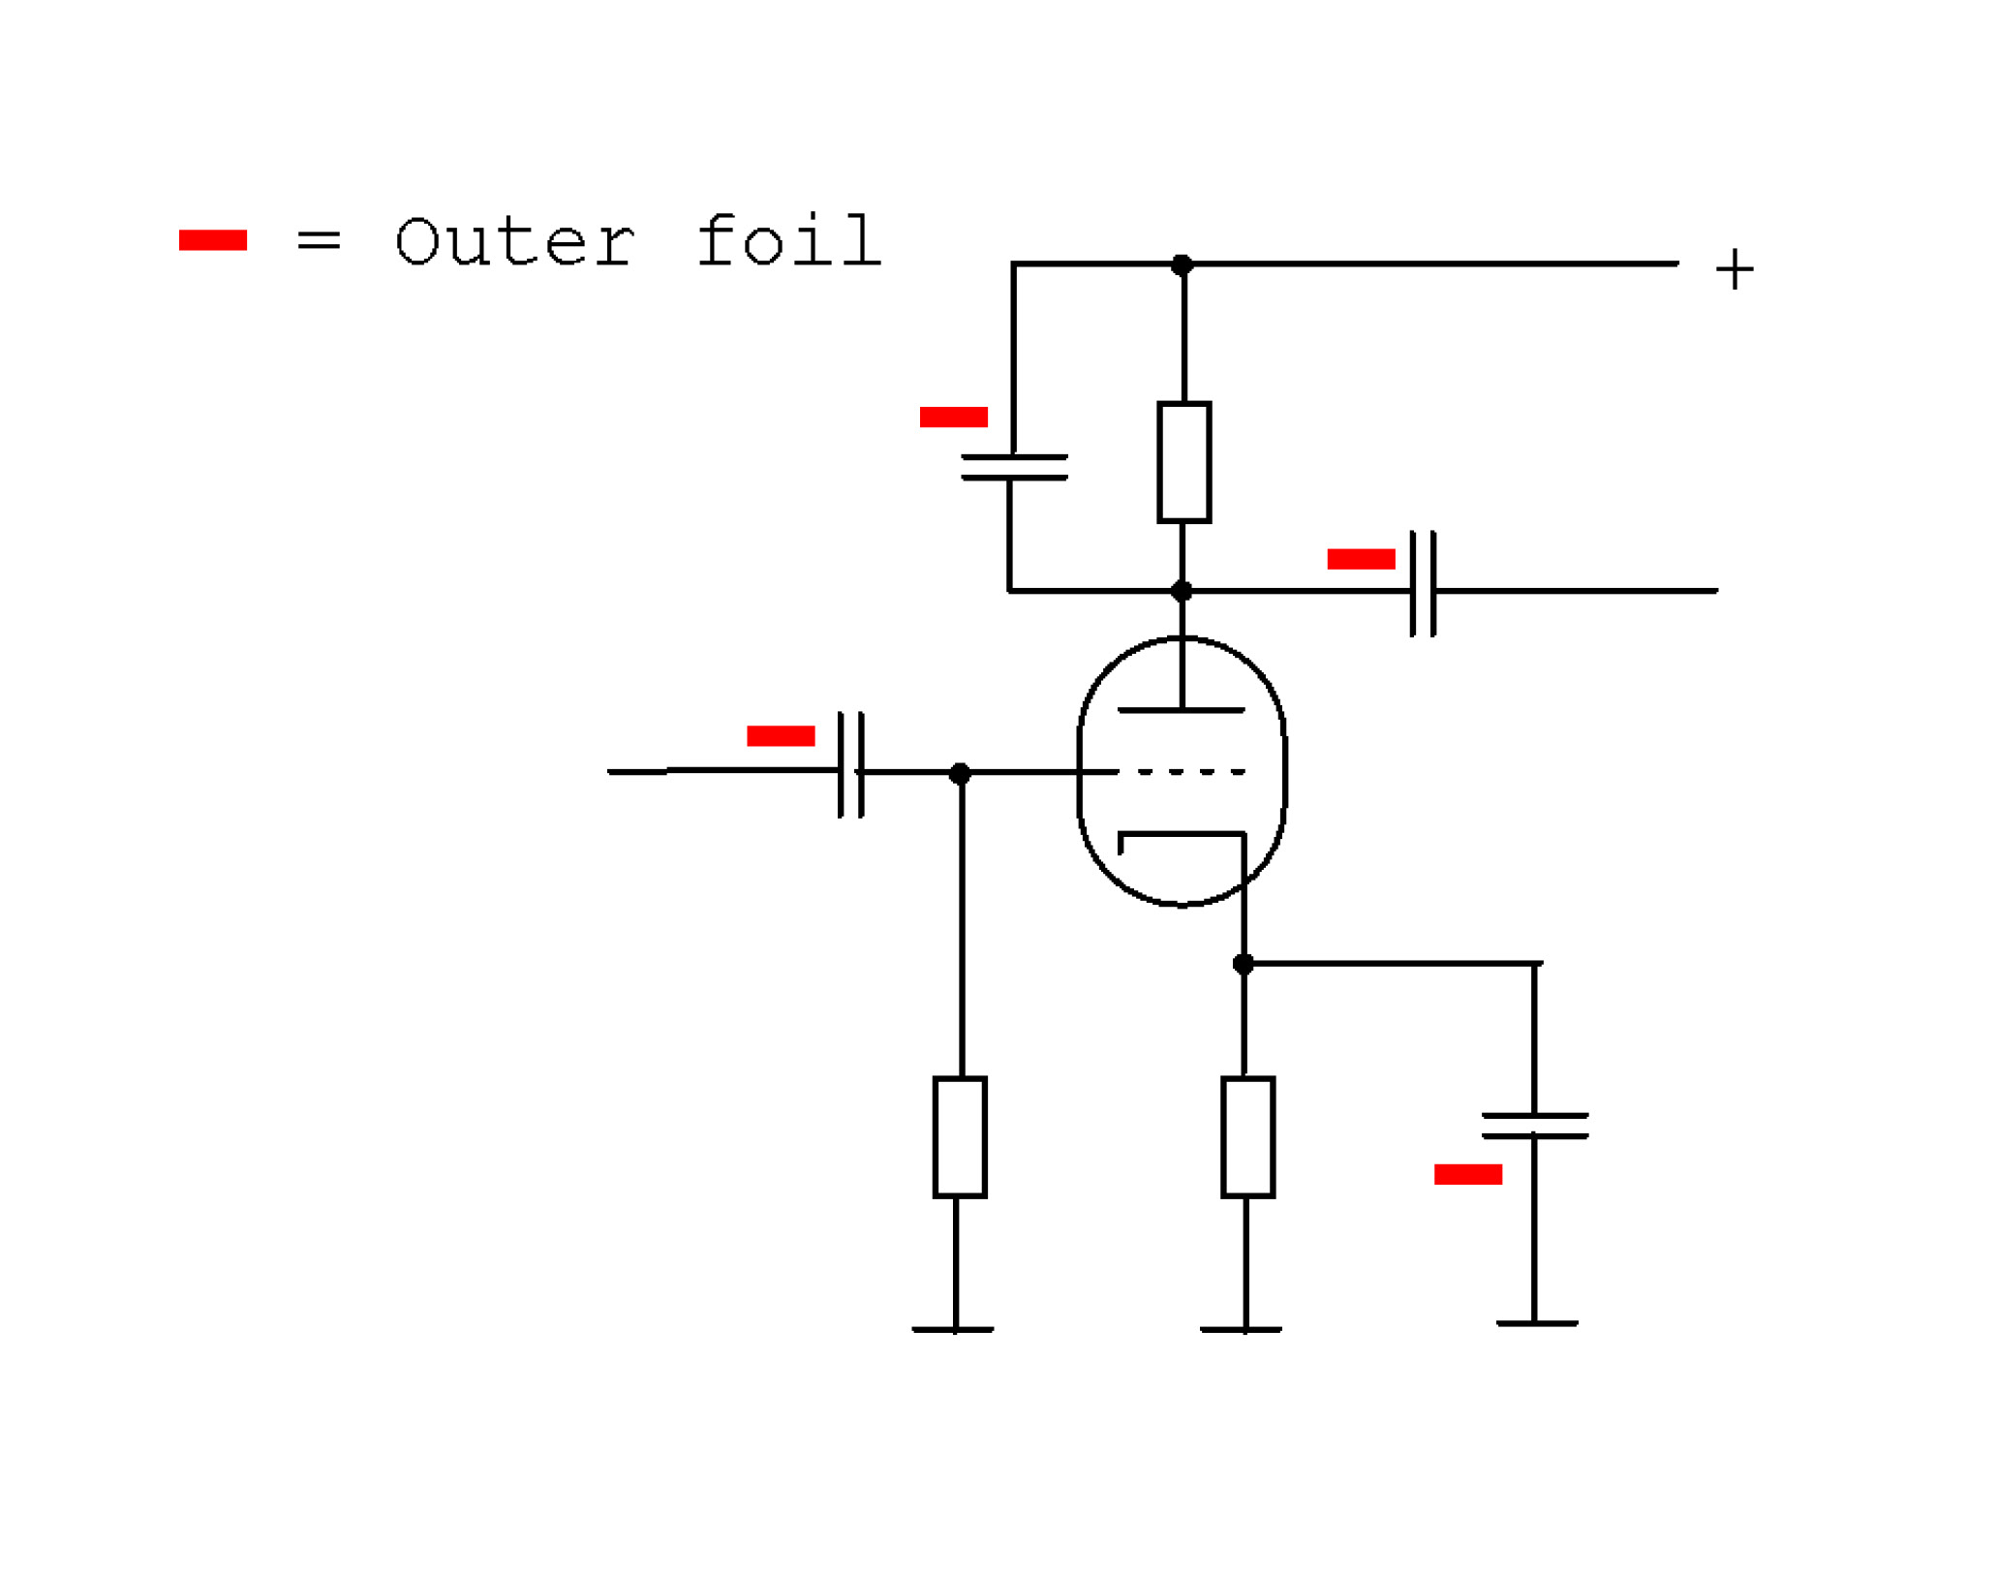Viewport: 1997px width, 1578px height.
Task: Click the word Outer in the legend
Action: (515, 241)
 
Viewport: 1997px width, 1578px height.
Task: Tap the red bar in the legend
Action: (213, 240)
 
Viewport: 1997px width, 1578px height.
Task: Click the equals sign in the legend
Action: (319, 239)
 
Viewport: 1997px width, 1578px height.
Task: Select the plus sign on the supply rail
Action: (1734, 269)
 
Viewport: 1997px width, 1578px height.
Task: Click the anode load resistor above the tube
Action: (1183, 462)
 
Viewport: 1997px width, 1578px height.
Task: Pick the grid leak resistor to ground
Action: (960, 1137)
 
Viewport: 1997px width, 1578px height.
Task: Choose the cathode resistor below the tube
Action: (1247, 1137)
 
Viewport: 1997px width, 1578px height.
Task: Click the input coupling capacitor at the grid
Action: (850, 765)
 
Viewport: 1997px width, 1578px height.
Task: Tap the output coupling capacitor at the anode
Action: (1423, 584)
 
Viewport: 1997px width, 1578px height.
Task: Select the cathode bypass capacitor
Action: (1535, 1126)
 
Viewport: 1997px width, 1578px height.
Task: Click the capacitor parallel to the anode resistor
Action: (1014, 467)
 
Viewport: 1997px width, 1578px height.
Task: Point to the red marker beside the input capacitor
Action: (781, 736)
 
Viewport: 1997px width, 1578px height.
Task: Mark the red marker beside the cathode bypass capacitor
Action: (1468, 1174)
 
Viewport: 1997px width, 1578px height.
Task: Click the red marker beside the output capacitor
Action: (1361, 559)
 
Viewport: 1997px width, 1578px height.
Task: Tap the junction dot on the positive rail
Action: (1182, 264)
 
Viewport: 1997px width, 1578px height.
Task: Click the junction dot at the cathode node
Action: (1244, 964)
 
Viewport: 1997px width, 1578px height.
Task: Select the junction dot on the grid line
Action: (960, 774)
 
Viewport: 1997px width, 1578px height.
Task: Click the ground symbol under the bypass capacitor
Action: (1537, 1323)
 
